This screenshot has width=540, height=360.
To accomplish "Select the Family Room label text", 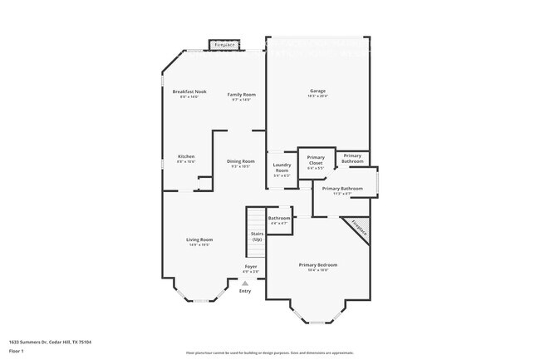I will point(242,95).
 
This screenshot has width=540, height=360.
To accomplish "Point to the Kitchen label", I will point(186,157).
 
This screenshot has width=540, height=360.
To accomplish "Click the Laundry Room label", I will point(282,170).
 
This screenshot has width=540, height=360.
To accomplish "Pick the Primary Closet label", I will point(316,160).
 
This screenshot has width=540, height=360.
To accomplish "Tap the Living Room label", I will point(199,240).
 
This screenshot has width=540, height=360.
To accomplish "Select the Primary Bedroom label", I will point(318,265).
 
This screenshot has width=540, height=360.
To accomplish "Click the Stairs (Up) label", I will point(257,235).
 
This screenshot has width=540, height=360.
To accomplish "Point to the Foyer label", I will point(250,267).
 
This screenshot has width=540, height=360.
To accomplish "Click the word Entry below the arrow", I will point(244,291).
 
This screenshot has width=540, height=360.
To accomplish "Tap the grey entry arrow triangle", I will point(244,283).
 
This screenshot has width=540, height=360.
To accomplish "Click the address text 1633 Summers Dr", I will point(50,342).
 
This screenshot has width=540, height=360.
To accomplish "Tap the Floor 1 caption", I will point(18,351).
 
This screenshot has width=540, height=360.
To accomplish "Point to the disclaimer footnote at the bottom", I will point(269,353).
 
